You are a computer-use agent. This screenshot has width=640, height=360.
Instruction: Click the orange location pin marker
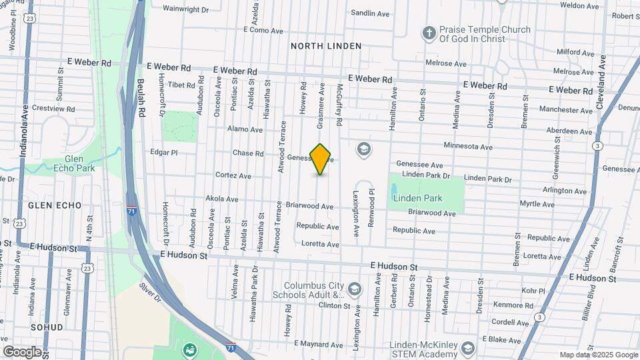(321, 159)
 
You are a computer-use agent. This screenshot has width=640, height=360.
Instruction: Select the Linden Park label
(417, 198)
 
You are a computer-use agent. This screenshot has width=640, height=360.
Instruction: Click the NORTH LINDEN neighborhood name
(325, 46)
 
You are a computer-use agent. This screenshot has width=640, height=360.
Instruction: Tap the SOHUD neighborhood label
(46, 327)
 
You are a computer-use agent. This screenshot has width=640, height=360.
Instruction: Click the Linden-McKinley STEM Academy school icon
(468, 348)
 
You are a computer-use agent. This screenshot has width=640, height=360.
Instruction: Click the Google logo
(22, 352)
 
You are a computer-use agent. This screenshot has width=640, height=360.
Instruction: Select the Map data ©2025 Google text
(598, 355)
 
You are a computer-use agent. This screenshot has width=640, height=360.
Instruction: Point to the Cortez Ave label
(233, 176)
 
